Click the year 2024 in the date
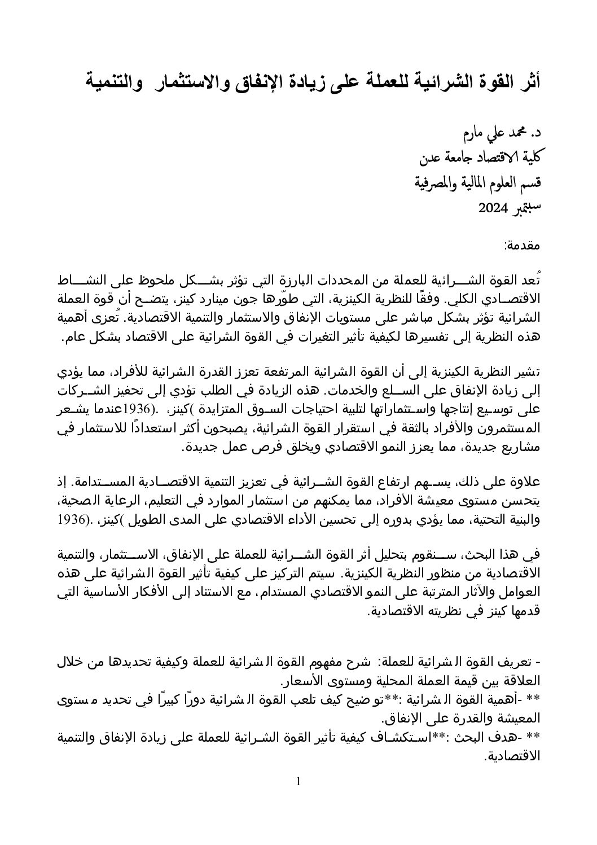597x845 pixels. [x=494, y=208]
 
